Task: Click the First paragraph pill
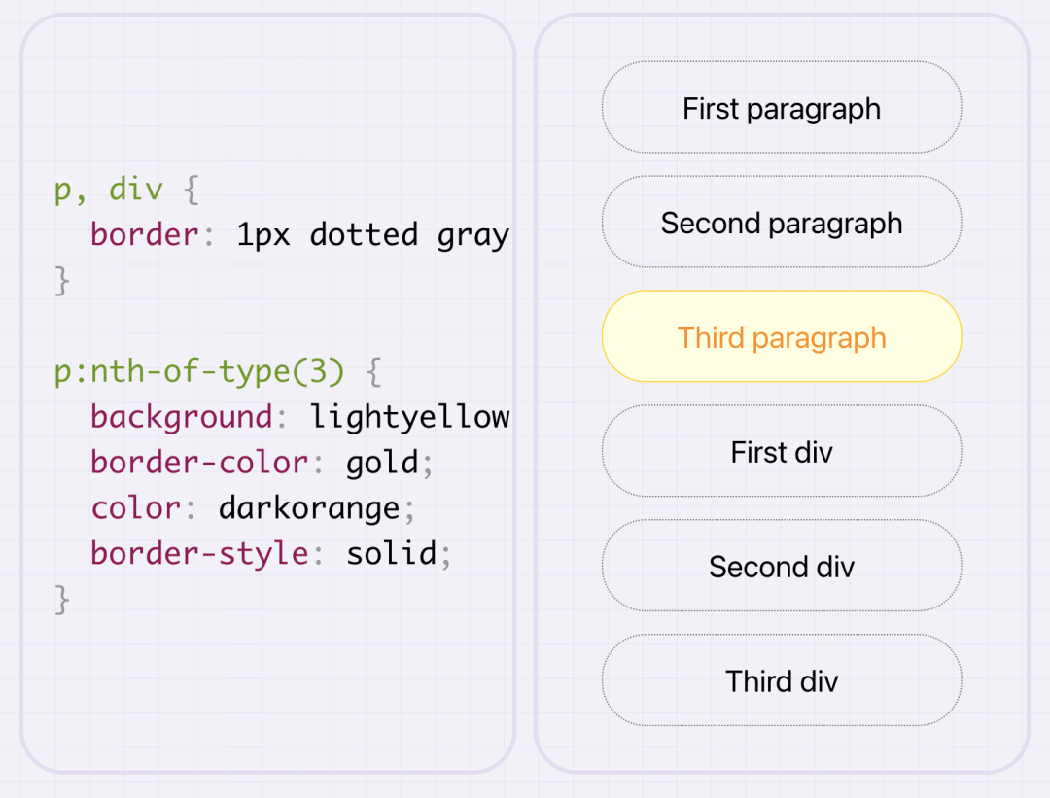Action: (782, 108)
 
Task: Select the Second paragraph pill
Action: (782, 223)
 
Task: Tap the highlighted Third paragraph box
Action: (782, 337)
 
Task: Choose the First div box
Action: (782, 452)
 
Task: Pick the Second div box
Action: (782, 567)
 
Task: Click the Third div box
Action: (782, 680)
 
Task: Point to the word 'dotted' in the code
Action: (364, 234)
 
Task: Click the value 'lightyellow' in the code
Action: (409, 417)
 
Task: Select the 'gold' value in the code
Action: (383, 462)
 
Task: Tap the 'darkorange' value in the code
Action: (309, 507)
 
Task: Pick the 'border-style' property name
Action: (199, 553)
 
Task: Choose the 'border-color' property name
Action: (199, 462)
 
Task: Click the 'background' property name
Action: (182, 417)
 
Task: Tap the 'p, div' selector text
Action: (109, 190)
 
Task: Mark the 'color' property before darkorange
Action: (136, 507)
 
